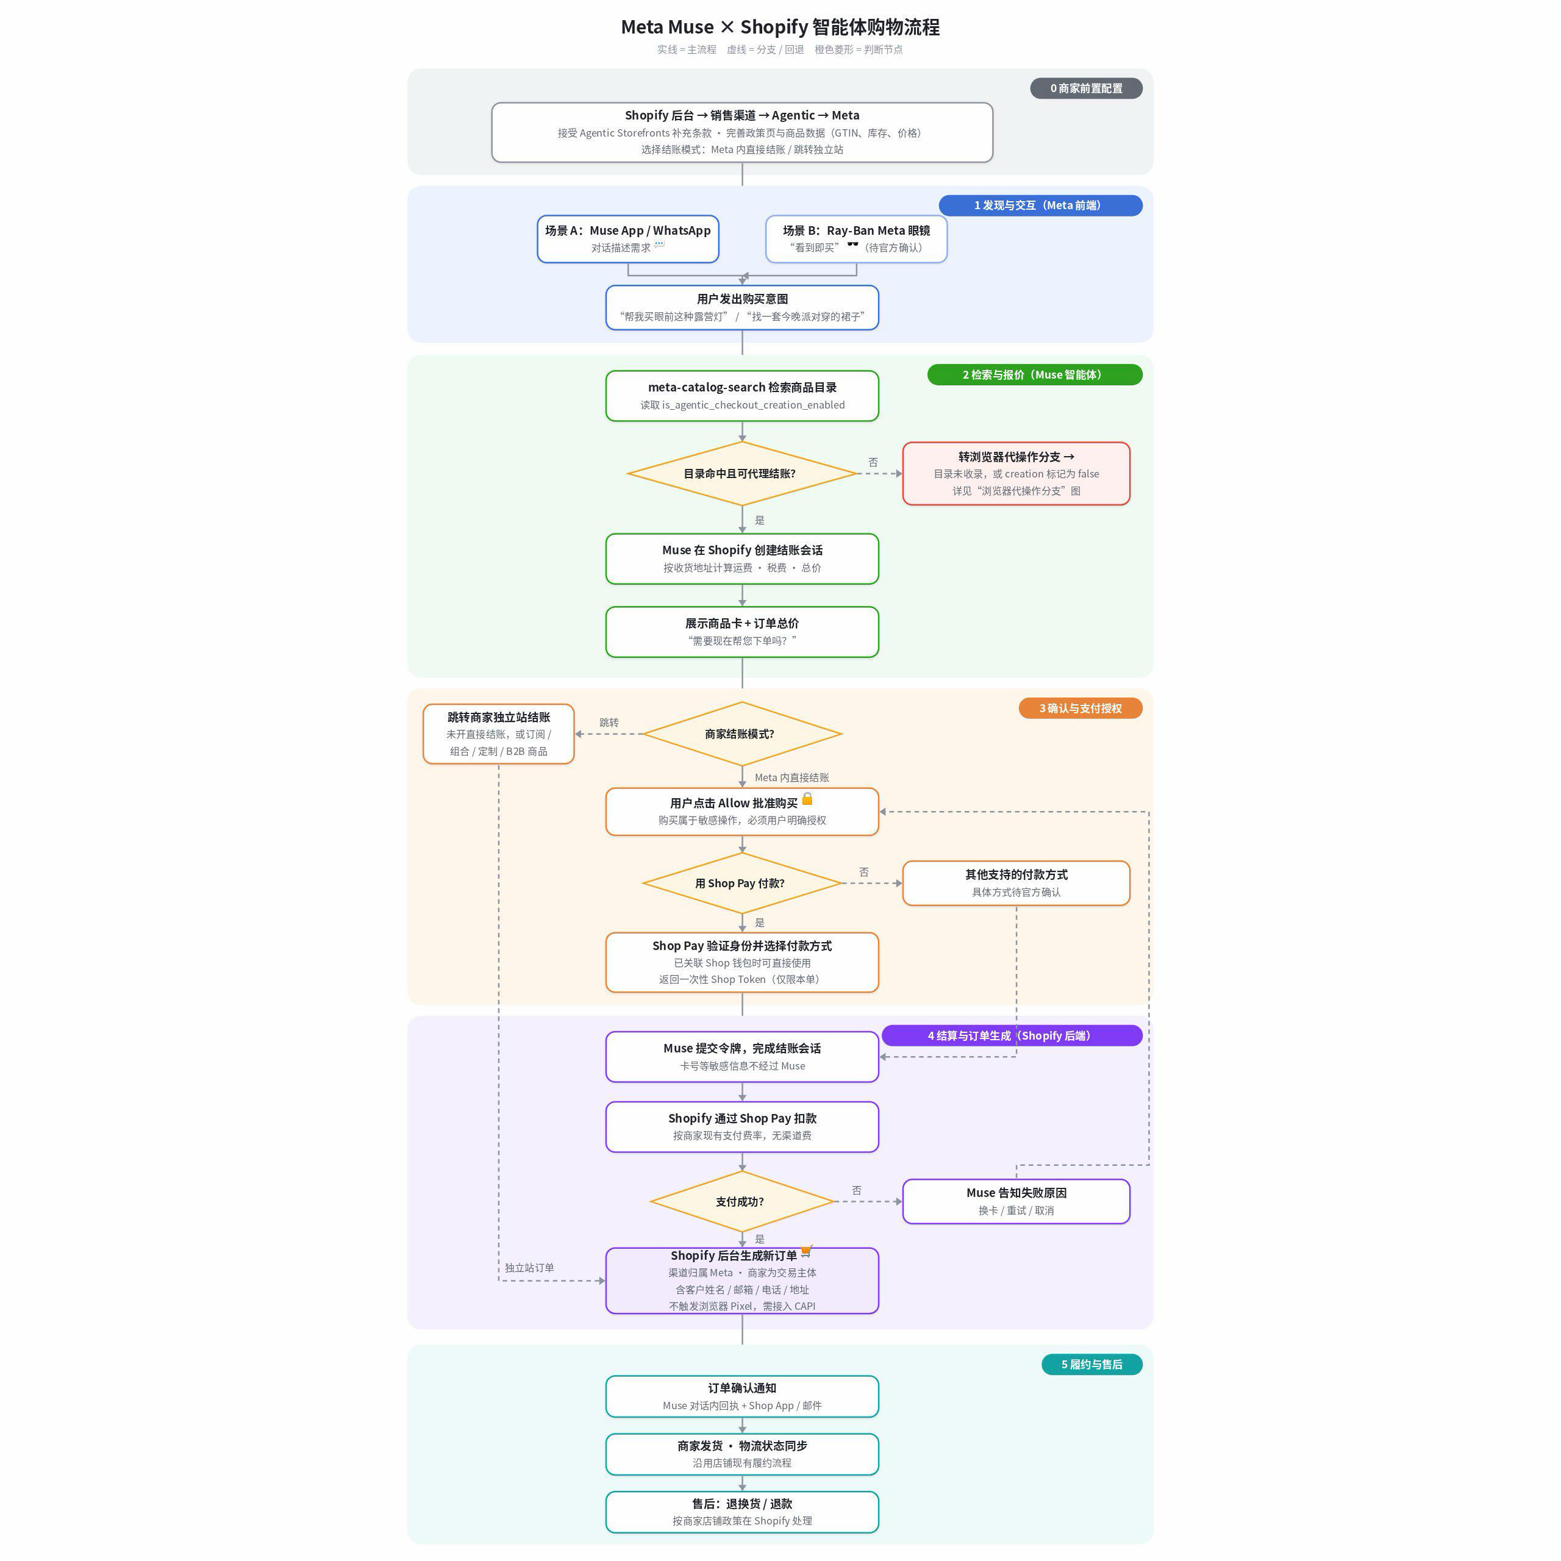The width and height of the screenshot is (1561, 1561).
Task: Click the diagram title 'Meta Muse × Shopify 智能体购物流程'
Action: tap(780, 27)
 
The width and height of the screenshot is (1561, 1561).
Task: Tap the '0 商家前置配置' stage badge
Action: tap(1086, 88)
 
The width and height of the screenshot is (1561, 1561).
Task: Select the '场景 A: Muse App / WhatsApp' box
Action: tap(628, 238)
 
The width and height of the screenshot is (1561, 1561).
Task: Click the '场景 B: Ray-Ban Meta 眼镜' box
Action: tap(857, 238)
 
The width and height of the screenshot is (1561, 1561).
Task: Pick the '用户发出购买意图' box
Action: tap(741, 307)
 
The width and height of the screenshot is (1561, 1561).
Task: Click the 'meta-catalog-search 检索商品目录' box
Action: tap(741, 396)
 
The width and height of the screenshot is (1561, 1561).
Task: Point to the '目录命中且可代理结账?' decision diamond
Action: tap(741, 473)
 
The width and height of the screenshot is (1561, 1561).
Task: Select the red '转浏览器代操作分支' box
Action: tap(1016, 473)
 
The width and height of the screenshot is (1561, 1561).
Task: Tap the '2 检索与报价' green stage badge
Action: tap(1034, 375)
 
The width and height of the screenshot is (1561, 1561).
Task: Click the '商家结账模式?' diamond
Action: tap(741, 734)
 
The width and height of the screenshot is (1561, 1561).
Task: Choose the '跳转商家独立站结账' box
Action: tap(499, 734)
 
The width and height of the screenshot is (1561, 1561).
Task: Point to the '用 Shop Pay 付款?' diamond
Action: tap(741, 883)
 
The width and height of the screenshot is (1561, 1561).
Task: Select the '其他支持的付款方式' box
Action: tap(1016, 883)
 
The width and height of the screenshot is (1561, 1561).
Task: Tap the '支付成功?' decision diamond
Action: tap(741, 1201)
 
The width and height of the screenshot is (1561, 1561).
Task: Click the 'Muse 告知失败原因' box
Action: tap(1016, 1201)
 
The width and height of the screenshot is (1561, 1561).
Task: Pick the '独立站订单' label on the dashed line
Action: tap(529, 1268)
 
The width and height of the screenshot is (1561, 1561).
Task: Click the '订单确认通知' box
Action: tap(741, 1396)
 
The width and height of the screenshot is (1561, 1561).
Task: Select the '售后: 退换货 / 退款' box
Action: tap(741, 1512)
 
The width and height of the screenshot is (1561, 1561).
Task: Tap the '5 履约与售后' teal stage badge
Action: tap(1091, 1365)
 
